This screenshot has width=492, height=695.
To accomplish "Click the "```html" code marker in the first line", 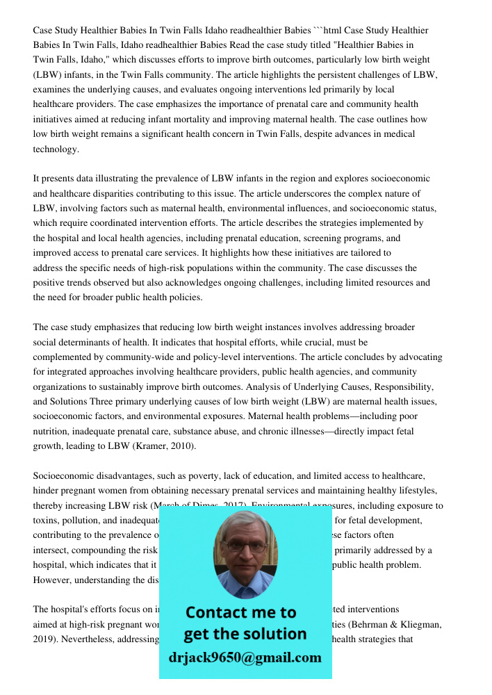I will [x=328, y=31].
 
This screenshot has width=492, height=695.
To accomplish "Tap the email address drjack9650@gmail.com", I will [x=245, y=657].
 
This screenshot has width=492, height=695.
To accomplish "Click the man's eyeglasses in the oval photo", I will [x=245, y=547].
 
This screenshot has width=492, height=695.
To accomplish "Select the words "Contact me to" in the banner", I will [x=240, y=612].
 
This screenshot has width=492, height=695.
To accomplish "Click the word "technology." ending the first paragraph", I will [x=56, y=149].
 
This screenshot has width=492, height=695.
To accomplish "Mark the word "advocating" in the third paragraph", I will [x=419, y=357].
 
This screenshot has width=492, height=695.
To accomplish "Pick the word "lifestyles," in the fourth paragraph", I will [x=416, y=491].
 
